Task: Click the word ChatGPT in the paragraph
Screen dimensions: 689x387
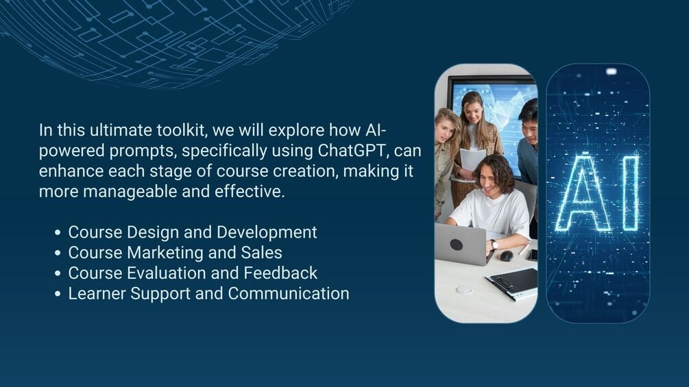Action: (x=353, y=151)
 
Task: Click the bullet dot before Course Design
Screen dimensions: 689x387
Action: (x=58, y=233)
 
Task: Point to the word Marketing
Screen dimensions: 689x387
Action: (x=165, y=253)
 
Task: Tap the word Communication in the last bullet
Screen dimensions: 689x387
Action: (x=289, y=294)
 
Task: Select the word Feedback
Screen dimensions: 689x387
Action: (x=280, y=273)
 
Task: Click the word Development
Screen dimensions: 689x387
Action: (x=267, y=233)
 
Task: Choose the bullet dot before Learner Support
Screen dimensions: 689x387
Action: (x=58, y=294)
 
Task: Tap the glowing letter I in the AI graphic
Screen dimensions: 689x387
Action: (x=631, y=192)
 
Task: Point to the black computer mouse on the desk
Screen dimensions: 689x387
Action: (x=506, y=255)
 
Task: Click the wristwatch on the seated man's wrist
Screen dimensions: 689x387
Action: (x=494, y=245)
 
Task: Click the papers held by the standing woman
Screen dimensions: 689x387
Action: (x=472, y=160)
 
